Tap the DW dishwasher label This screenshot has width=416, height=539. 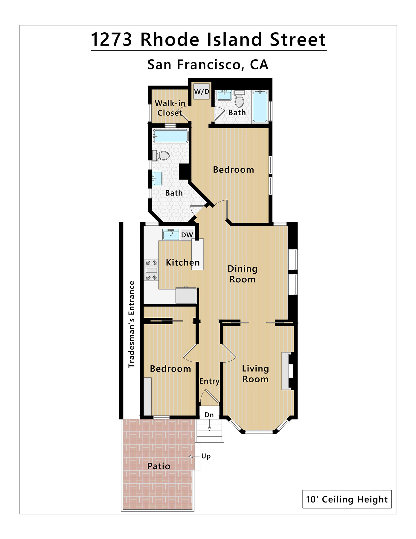point(187,235)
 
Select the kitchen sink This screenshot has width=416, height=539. point(170,234)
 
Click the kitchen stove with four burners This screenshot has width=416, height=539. point(151,270)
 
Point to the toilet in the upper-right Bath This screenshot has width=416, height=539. point(239,99)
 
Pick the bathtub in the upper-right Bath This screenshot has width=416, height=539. point(260,106)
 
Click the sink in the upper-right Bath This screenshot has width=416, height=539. point(224,95)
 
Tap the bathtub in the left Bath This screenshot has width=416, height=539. point(170,136)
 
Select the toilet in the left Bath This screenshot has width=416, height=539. point(161,156)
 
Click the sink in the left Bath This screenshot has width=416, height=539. point(157,178)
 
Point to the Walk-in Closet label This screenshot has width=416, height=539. point(170,108)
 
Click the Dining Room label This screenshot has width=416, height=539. point(242,274)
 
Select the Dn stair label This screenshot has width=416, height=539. point(209,415)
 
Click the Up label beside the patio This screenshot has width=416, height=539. point(206,456)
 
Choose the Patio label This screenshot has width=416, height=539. point(159,466)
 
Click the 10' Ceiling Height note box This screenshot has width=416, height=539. point(347,499)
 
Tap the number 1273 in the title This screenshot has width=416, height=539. point(111,40)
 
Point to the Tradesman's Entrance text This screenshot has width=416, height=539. point(132,324)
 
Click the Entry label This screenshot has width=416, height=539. point(209,381)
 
